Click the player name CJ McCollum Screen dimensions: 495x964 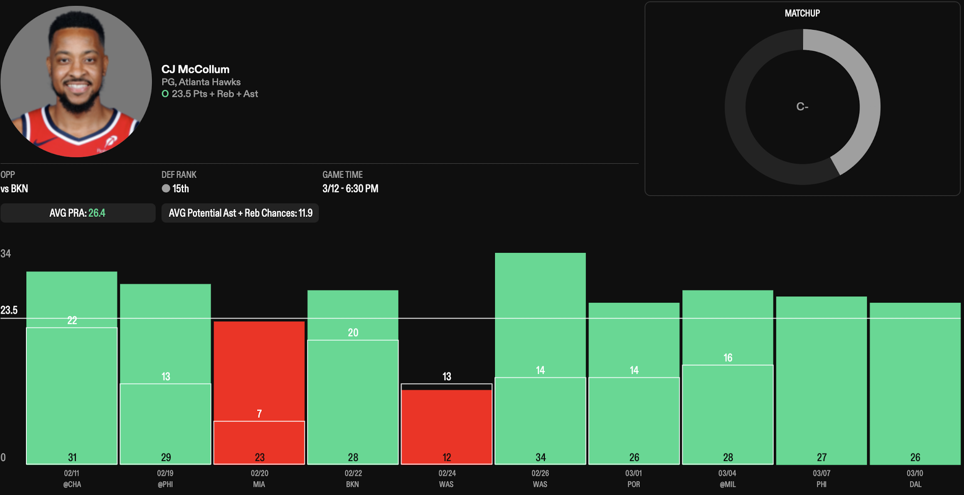195,70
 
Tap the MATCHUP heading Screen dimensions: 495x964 802,13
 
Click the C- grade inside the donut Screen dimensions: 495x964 802,106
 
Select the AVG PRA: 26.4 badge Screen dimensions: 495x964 78,213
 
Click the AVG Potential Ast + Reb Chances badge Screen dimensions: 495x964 240,213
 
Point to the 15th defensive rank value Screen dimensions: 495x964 181,189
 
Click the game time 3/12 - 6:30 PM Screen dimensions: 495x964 350,189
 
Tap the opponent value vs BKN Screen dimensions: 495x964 14,189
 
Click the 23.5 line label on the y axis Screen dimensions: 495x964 9,310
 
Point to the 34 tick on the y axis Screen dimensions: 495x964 6,254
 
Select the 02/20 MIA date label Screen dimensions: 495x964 259,479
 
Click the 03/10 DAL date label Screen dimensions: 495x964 915,479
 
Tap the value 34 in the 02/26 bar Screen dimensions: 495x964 541,458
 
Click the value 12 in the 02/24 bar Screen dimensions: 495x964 447,458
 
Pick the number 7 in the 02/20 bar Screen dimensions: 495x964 259,413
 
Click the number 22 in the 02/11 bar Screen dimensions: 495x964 72,320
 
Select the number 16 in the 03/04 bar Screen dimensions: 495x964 728,358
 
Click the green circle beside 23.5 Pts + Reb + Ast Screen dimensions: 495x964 165,94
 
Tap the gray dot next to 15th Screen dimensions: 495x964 166,189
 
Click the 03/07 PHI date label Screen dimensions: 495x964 822,479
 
